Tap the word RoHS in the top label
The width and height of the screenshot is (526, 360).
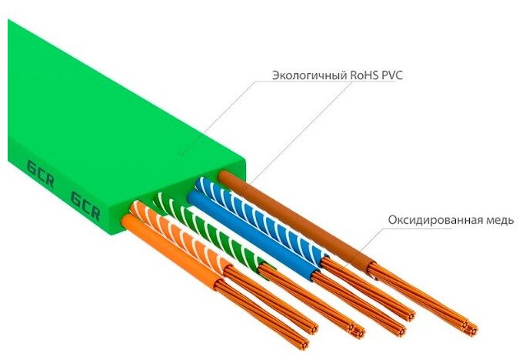click(358, 75)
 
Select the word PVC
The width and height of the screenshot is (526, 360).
click(391, 75)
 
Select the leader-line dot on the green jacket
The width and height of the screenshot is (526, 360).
click(181, 153)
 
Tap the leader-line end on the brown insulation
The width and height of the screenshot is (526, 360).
click(245, 185)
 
